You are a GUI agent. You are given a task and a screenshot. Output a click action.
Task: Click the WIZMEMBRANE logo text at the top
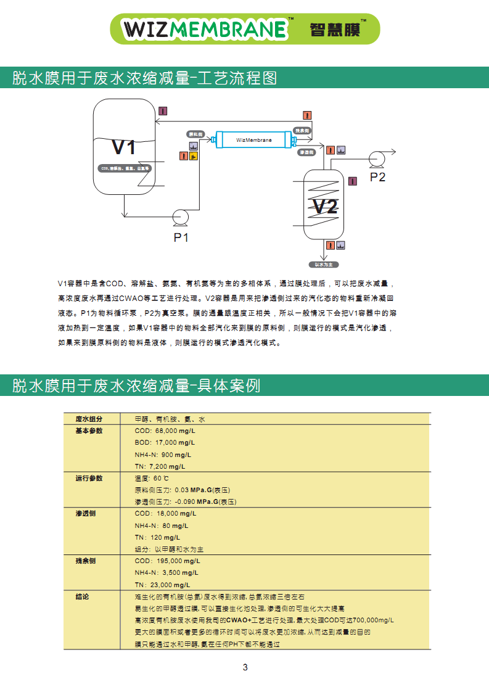tap(205, 29)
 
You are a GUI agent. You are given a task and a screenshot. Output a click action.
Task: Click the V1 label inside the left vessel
tap(123, 147)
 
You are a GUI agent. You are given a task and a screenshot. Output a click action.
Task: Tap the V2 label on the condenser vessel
tap(324, 206)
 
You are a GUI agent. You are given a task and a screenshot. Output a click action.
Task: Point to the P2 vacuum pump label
tap(377, 177)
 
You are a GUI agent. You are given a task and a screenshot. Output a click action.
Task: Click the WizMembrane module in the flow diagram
tap(253, 140)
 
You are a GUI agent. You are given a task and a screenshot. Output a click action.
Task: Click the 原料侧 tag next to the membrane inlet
tap(195, 134)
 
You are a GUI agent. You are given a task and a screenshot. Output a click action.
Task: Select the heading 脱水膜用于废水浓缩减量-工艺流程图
tap(144, 78)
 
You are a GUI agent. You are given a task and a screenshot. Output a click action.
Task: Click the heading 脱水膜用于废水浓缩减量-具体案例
tap(136, 386)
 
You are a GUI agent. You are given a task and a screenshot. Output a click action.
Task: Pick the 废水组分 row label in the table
tap(89, 419)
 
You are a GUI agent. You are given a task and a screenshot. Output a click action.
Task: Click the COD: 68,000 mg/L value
tap(165, 430)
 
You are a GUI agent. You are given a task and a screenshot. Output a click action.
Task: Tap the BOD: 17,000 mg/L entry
tap(165, 442)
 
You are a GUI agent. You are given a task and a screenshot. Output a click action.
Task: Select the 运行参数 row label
tap(89, 478)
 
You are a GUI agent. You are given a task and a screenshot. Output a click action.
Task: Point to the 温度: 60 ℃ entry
tap(152, 478)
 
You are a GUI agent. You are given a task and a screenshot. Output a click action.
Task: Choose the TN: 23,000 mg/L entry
tap(162, 585)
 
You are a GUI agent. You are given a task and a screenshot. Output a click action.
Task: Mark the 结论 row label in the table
tap(82, 597)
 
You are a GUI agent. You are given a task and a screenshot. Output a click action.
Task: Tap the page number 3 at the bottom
tap(245, 667)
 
